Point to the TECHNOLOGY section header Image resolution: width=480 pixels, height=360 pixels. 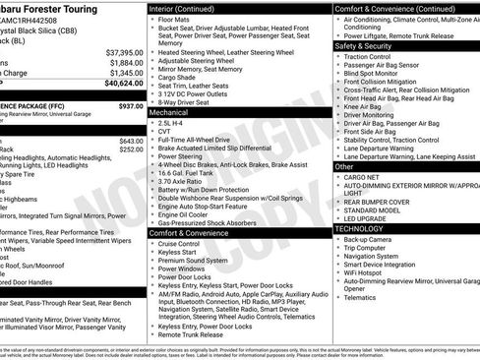(359, 228)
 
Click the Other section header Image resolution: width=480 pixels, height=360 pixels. (345, 167)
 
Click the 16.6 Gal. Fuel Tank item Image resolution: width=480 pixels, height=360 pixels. (191, 171)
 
